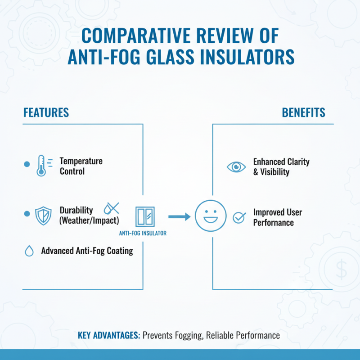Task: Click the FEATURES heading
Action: [46, 112]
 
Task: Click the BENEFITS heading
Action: [304, 112]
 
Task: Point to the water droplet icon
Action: [29, 251]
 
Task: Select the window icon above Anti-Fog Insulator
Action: [144, 216]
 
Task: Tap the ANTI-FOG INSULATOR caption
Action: [143, 233]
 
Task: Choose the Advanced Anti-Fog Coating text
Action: [87, 251]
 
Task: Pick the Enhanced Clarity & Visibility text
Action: [281, 166]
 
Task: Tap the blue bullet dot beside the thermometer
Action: [26, 165]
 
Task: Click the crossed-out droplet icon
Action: [111, 208]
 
